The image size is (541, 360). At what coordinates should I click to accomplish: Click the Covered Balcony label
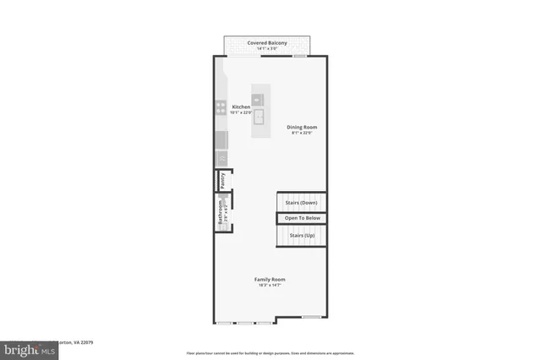[x=267, y=42]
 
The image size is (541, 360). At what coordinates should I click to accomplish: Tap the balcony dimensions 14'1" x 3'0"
[x=267, y=48]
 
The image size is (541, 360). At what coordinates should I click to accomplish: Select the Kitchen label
[x=242, y=107]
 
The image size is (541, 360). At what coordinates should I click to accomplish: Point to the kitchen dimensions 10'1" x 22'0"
[x=242, y=113]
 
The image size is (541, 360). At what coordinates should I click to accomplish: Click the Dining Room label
[x=301, y=128]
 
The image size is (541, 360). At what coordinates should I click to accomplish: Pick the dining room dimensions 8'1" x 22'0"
[x=301, y=134]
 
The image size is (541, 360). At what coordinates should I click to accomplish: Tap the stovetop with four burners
[x=220, y=107]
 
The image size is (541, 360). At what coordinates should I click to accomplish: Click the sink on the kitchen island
[x=261, y=116]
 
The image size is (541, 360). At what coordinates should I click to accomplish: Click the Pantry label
[x=222, y=180]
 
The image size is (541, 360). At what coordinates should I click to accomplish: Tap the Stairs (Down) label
[x=301, y=204]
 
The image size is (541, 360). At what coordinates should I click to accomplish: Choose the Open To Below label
[x=302, y=219]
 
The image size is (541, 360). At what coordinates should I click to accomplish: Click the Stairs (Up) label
[x=302, y=234]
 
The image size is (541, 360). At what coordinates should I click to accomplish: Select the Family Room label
[x=270, y=279]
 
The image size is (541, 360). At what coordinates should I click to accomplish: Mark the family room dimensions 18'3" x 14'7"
[x=270, y=285]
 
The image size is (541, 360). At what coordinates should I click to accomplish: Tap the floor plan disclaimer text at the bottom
[x=270, y=352]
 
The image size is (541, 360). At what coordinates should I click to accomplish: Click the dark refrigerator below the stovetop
[x=221, y=139]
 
